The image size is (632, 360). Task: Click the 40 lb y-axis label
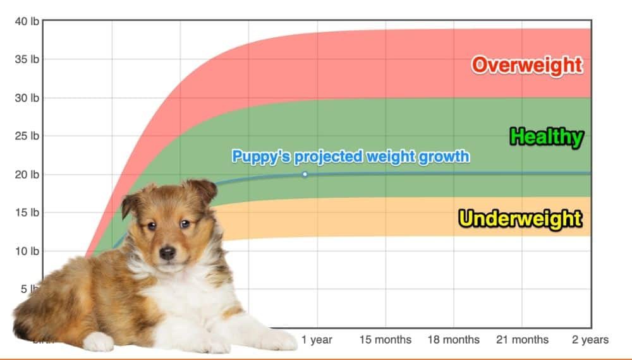tap(27, 21)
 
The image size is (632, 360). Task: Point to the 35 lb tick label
tap(27, 59)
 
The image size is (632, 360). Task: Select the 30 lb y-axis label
tap(27, 98)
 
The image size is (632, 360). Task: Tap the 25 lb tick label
tap(27, 136)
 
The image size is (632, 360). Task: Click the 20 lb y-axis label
tap(27, 174)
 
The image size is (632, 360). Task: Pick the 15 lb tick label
tap(27, 213)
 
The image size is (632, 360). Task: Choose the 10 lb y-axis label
tap(27, 251)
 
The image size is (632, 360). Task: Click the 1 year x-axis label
tap(317, 340)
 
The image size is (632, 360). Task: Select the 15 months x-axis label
tap(386, 340)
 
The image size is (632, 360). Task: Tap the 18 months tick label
tap(454, 340)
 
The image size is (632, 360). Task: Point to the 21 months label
tap(522, 340)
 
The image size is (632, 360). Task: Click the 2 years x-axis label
tap(590, 340)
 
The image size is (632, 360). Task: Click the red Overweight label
tap(527, 65)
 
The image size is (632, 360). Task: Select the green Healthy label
tap(547, 137)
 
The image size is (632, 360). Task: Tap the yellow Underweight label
tap(520, 219)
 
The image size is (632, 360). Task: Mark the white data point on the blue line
tap(305, 174)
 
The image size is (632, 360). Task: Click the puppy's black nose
tap(167, 253)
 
